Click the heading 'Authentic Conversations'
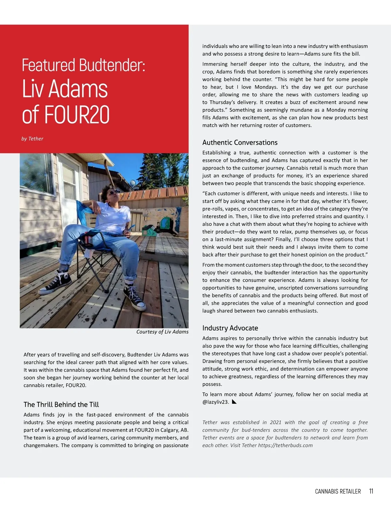click(x=240, y=142)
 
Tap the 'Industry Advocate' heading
click(x=230, y=328)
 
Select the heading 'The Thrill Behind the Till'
click(x=61, y=405)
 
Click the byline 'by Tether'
click(x=32, y=139)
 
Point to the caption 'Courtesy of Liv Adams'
click(x=162, y=332)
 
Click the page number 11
click(x=371, y=491)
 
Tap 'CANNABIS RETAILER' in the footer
click(x=338, y=491)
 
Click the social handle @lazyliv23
click(x=215, y=402)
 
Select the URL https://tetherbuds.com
click(x=285, y=445)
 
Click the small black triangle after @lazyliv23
click(x=234, y=402)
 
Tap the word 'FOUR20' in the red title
click(x=77, y=114)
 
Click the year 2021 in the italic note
click(x=275, y=422)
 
